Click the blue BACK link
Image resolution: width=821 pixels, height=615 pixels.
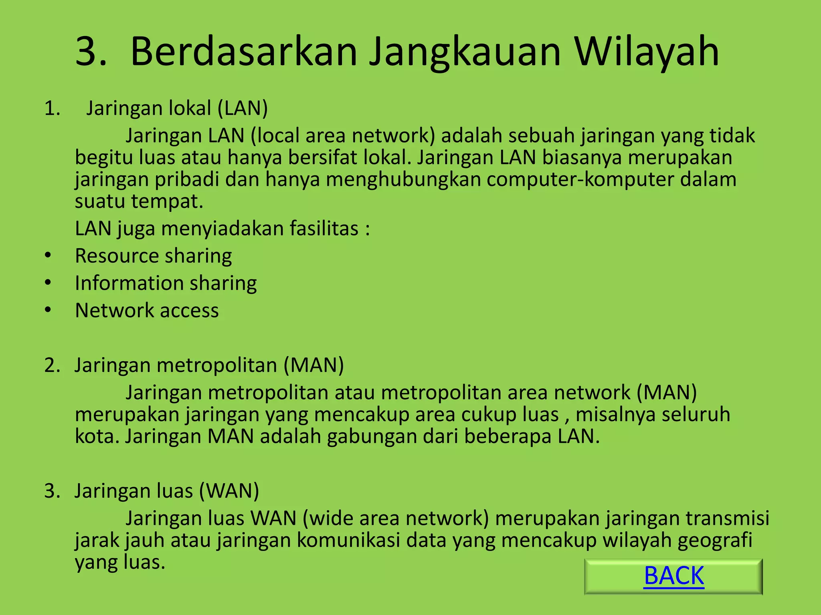coord(673,576)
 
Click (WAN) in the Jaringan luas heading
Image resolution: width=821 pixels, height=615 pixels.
coord(229,491)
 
